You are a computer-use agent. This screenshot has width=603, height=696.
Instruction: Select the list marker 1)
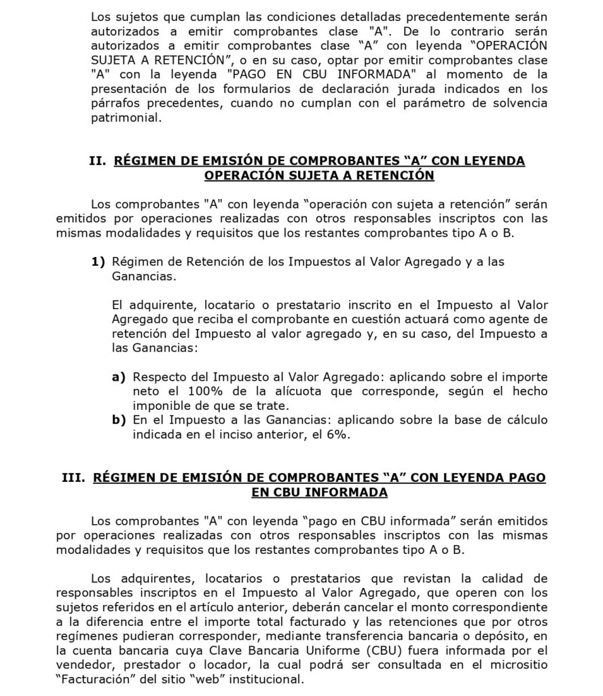[99, 262]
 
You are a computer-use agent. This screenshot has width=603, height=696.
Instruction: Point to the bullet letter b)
[120, 420]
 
